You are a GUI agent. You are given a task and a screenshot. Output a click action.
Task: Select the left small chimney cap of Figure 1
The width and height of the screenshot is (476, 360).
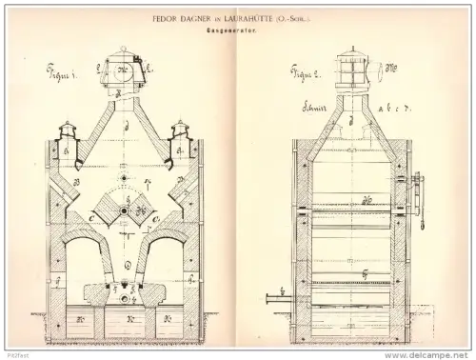(68, 132)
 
